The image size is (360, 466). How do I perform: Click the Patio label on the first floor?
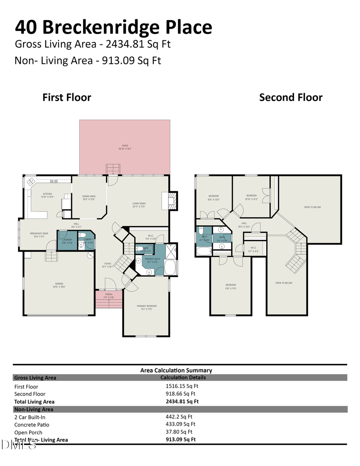125,147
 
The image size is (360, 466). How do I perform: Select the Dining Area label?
89,198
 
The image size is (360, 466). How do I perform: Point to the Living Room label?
138,205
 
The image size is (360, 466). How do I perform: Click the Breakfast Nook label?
39,234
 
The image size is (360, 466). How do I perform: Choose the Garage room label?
59,285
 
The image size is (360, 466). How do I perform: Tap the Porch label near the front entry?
108,296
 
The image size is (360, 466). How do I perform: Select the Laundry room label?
67,241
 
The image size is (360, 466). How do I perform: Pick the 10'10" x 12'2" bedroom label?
251,197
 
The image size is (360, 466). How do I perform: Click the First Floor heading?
67,98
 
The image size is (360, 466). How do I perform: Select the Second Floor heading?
290,98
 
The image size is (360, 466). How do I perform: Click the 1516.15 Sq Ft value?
182,386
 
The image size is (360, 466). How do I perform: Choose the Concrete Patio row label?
32,424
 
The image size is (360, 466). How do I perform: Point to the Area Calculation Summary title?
176,370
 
